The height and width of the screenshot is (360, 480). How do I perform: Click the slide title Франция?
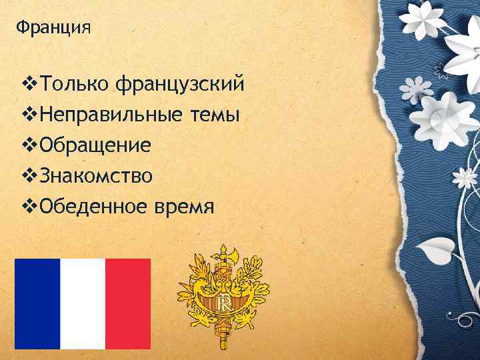53,29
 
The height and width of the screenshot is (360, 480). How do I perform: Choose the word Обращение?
95,146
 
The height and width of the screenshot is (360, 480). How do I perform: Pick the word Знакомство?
96,176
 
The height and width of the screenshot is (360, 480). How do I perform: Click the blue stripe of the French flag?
37,303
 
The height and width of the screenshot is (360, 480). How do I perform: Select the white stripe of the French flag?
83,303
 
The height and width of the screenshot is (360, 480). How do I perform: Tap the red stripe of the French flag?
128,303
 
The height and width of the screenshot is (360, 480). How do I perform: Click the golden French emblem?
223,297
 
